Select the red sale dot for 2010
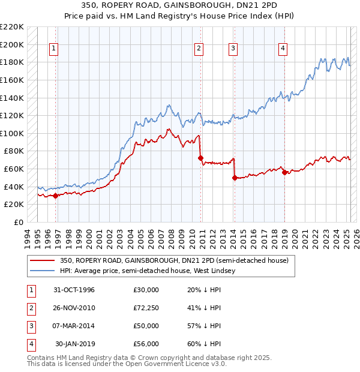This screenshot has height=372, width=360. [201, 158]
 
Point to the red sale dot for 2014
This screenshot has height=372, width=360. [235, 178]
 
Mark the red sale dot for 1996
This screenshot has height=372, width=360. [56, 196]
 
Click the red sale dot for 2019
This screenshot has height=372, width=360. [284, 172]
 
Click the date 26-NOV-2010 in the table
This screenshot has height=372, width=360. [74, 308]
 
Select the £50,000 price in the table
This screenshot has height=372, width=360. [146, 326]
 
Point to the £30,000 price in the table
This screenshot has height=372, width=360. [146, 290]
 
